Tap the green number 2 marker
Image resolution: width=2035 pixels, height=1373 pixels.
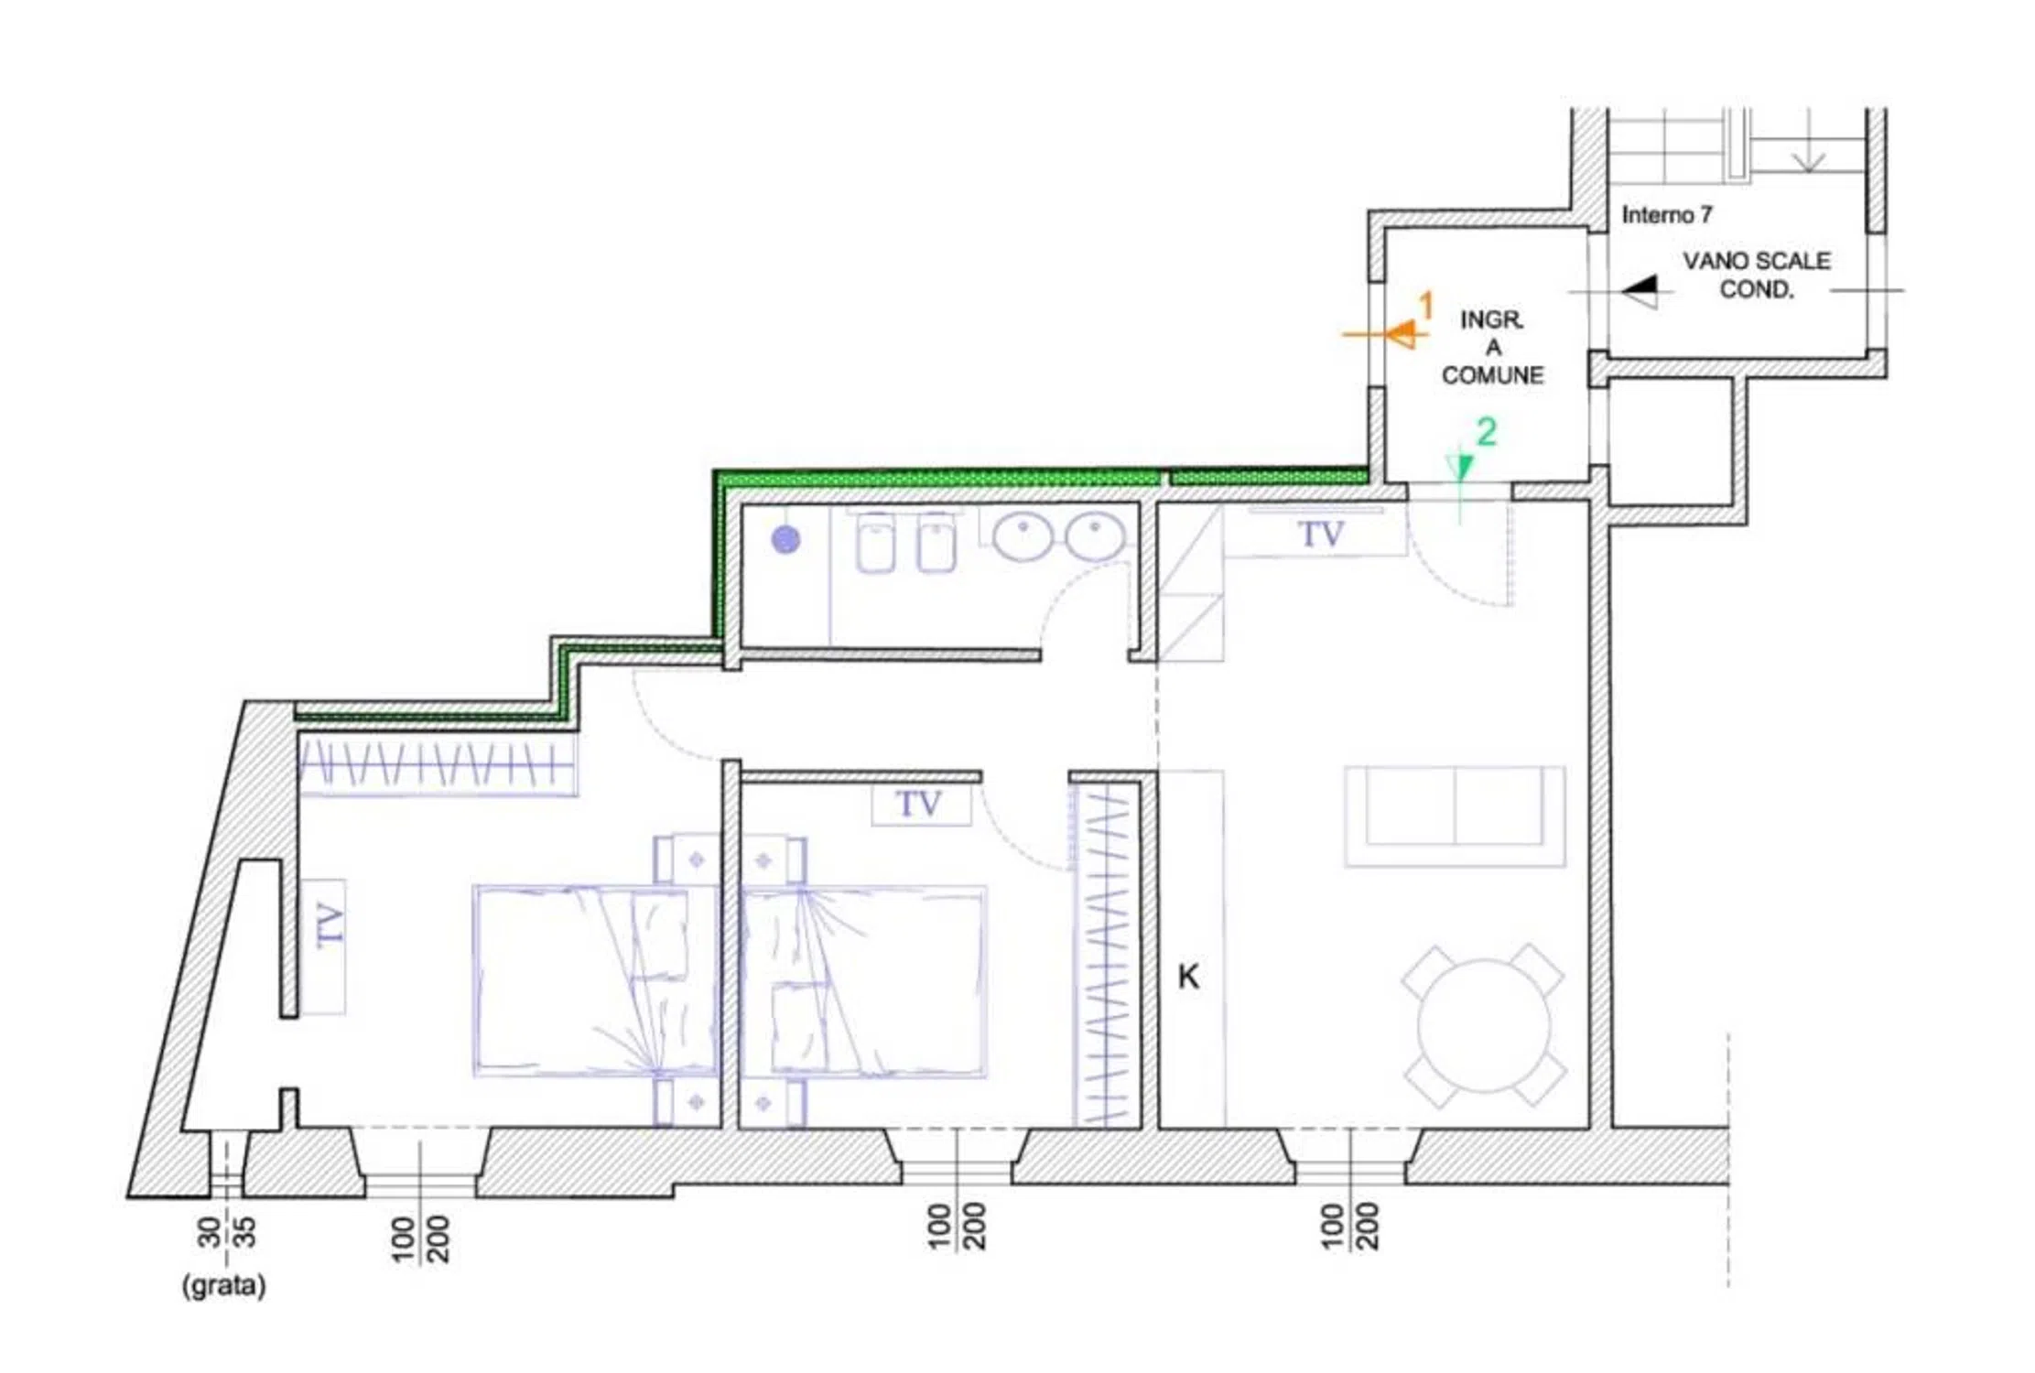point(1487,431)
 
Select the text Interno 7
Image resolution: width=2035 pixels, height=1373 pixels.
point(1666,215)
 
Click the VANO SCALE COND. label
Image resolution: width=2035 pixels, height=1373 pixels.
point(1756,275)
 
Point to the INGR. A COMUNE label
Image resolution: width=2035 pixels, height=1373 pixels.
point(1492,347)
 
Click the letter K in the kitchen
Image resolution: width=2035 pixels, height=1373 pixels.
point(1188,977)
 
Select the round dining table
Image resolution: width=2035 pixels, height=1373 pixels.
point(1484,1025)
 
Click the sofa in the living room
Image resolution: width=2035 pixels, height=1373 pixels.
point(1455,816)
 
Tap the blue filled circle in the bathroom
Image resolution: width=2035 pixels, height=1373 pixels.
point(785,540)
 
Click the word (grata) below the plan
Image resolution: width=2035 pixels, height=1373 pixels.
point(224,1285)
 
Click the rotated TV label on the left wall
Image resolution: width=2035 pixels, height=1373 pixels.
point(330,924)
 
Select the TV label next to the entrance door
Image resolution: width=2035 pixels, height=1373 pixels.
point(1321,535)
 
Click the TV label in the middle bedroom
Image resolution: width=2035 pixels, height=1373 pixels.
point(918,805)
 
